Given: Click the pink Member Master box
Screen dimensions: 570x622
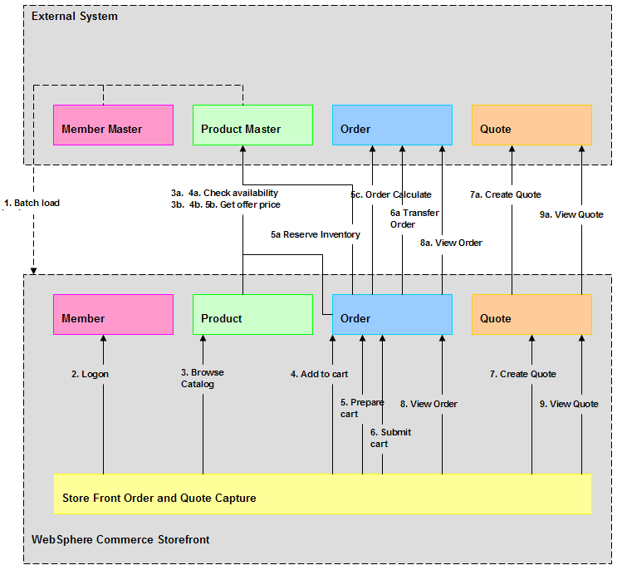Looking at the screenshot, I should (113, 125).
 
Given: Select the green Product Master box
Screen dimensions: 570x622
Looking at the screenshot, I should (252, 125).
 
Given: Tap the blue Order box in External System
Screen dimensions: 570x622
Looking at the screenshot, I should (392, 125).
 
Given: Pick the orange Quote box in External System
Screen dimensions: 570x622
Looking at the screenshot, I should (531, 125).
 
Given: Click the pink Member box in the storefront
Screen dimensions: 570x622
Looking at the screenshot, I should (113, 315).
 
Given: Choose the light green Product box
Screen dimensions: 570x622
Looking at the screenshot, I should (252, 315).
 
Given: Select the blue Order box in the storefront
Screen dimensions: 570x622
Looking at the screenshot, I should (392, 315).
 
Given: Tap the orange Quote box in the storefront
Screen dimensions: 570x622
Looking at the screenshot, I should (531, 315).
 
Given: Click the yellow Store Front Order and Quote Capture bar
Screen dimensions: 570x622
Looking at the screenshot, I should (322, 494).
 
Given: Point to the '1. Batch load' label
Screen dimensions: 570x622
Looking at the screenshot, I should (32, 203).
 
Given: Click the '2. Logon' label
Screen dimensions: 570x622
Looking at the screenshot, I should (90, 374).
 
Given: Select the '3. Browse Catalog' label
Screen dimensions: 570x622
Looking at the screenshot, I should (203, 378).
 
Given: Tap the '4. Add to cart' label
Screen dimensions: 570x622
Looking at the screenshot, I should (319, 374).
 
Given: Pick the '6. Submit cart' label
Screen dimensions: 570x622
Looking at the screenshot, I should (390, 438).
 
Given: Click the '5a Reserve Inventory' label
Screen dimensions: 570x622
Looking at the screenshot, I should (316, 234).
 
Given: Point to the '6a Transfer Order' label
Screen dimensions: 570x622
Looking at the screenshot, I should (414, 219).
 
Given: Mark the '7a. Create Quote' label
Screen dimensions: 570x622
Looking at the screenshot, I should (505, 194).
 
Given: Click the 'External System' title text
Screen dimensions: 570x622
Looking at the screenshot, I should (75, 16).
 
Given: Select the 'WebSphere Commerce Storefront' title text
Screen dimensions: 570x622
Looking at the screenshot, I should (120, 539).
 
